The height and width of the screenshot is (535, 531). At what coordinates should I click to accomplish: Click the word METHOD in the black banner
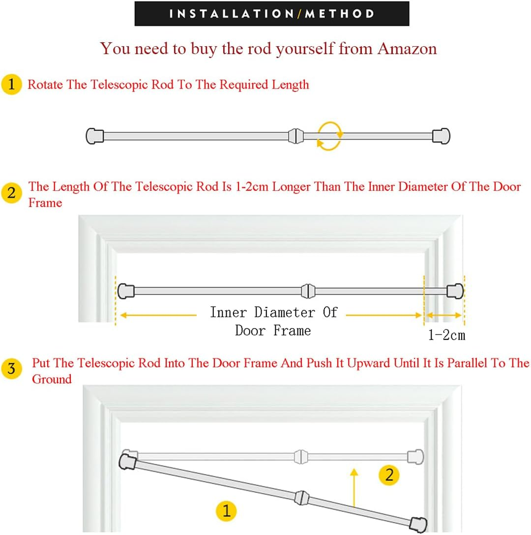click(x=340, y=14)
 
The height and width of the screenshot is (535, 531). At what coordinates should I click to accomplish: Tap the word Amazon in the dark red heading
click(x=407, y=49)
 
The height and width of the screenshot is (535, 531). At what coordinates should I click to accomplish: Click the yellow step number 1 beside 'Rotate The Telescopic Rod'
click(x=12, y=84)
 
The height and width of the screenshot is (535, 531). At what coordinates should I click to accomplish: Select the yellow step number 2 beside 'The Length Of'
click(x=12, y=193)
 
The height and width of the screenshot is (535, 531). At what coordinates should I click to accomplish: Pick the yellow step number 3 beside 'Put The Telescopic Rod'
click(x=12, y=368)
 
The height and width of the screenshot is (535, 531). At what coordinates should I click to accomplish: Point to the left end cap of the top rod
click(x=95, y=136)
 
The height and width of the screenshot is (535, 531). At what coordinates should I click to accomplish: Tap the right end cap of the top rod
click(x=441, y=136)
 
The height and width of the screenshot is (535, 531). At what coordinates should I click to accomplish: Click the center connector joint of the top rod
click(x=296, y=136)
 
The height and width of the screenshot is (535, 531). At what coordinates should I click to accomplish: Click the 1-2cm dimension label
click(x=447, y=335)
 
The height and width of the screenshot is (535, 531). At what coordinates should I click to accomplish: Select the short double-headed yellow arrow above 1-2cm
click(x=444, y=315)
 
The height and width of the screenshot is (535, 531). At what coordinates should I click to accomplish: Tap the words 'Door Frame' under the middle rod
click(x=273, y=330)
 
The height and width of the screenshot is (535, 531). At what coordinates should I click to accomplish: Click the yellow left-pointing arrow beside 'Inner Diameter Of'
click(x=159, y=315)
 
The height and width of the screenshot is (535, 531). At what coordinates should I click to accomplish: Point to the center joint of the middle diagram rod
click(x=308, y=291)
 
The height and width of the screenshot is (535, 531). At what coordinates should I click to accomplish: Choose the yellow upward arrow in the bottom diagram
click(x=354, y=488)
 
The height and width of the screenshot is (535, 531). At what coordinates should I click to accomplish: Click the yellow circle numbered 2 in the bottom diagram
click(x=389, y=475)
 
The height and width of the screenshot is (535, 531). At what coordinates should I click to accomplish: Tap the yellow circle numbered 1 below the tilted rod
click(x=226, y=511)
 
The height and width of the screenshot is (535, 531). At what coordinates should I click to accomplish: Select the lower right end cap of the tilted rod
click(x=418, y=525)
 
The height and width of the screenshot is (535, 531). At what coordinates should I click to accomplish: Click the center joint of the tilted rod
click(x=302, y=498)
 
